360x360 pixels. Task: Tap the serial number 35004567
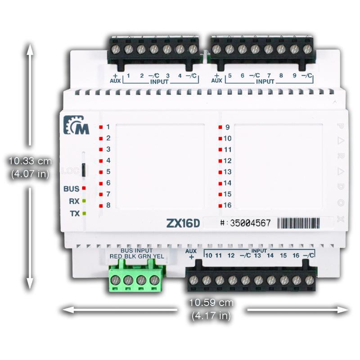click(250, 223)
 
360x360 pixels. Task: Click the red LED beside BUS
click(84, 189)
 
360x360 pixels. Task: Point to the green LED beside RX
click(84, 201)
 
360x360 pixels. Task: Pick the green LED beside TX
click(84, 213)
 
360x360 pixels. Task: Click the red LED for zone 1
click(102, 127)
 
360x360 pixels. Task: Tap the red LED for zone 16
click(220, 206)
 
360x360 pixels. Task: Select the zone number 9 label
click(228, 127)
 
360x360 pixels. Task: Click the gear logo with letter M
click(72, 126)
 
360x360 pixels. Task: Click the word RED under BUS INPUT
click(116, 256)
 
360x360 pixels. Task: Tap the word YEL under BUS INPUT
click(158, 256)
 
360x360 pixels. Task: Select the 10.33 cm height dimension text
click(30, 161)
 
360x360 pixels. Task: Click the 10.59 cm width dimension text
click(211, 302)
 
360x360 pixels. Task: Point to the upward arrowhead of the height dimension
click(30, 50)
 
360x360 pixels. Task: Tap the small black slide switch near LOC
click(84, 171)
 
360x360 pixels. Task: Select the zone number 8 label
click(108, 206)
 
